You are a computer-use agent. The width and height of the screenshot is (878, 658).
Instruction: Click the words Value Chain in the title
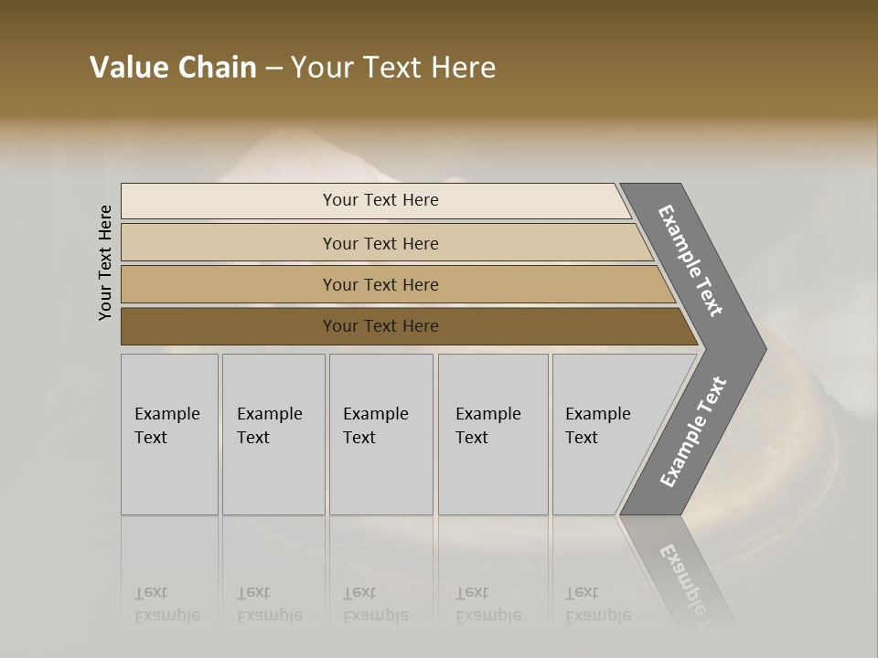tap(173, 67)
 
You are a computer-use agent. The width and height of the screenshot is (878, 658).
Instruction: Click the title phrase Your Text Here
tap(393, 67)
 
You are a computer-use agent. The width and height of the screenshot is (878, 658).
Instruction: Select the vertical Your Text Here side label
tap(105, 262)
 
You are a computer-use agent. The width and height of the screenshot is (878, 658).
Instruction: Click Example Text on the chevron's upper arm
tap(691, 260)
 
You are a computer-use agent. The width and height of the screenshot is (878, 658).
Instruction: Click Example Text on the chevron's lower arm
tap(692, 432)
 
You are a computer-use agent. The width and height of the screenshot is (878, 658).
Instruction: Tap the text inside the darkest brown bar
tap(380, 326)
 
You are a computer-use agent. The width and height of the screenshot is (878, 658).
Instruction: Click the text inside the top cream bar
tap(380, 200)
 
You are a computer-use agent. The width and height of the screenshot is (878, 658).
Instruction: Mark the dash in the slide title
tap(273, 68)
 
